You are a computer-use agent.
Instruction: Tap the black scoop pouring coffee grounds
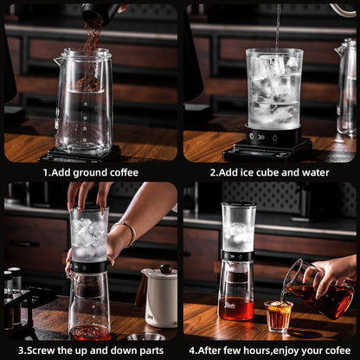point(97,11)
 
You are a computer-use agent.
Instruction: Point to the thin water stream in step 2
point(278,26)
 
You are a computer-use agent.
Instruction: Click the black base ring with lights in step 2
point(273,136)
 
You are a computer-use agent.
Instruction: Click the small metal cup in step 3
point(145,336)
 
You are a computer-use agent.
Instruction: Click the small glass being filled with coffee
point(278,316)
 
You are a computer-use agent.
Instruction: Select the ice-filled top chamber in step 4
point(238,229)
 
